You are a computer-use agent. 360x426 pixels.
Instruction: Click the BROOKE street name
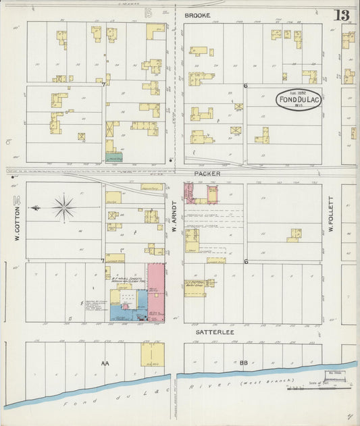tap(197, 15)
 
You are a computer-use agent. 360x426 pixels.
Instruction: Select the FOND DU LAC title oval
tap(298, 100)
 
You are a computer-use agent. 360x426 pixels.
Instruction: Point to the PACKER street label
tap(207, 174)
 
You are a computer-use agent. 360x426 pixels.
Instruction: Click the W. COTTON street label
tap(15, 218)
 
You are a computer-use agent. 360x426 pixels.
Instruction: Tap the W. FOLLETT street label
tap(332, 215)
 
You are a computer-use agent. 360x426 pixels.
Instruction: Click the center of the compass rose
tap(64, 207)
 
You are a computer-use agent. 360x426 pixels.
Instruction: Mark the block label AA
tap(105, 363)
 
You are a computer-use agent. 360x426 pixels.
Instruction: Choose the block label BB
tap(243, 363)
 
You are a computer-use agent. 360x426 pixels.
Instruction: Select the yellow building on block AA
tap(152, 354)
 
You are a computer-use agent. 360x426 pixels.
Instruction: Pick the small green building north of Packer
tap(114, 157)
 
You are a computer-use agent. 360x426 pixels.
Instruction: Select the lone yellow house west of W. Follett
tap(294, 236)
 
